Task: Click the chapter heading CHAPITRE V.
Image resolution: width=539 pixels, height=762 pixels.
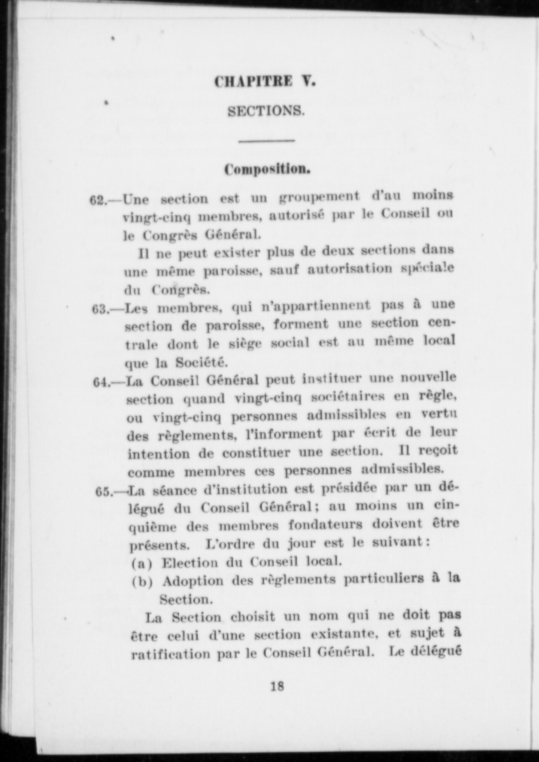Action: point(265,81)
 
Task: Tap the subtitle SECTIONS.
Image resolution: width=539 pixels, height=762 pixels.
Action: point(266,111)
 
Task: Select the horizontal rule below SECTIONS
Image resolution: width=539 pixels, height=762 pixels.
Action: point(267,141)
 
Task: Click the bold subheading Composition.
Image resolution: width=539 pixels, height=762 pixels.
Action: point(267,170)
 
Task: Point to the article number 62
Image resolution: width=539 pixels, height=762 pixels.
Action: point(98,200)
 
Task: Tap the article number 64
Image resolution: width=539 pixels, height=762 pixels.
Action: point(101,382)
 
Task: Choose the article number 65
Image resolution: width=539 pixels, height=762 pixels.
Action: point(104,491)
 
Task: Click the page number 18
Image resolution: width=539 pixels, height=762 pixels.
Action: point(277,686)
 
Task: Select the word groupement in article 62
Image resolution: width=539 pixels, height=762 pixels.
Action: point(319,197)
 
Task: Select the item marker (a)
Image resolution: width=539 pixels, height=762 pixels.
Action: point(142,563)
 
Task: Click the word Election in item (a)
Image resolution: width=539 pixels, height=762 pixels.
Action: point(190,562)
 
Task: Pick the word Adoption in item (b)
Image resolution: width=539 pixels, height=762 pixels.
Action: point(193,581)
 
